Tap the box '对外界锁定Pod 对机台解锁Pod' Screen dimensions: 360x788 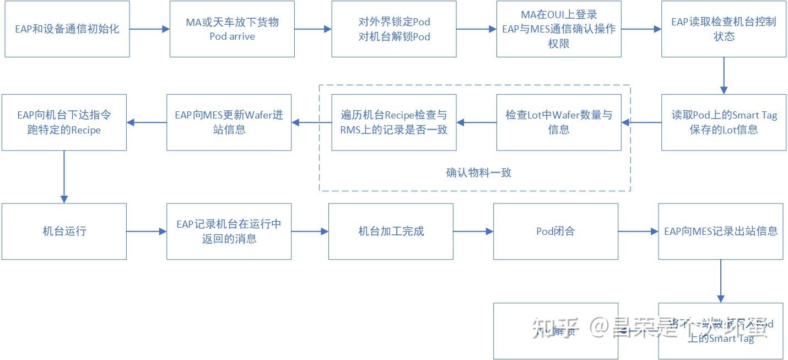point(394,29)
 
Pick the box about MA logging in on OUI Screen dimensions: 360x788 point(559,29)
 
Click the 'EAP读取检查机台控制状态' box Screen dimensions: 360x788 point(724,29)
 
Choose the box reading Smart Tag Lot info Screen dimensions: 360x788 point(724,122)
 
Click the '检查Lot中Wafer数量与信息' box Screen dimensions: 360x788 point(559,122)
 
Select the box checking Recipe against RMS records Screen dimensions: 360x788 point(394,122)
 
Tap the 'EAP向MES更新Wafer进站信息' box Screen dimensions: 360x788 point(229,122)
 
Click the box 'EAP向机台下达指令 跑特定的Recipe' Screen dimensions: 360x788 point(64,122)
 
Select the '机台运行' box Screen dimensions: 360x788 point(64,232)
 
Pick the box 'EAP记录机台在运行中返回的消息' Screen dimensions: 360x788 point(229,232)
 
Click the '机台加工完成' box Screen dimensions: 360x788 point(391,232)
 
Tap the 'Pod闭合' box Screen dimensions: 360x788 point(555,232)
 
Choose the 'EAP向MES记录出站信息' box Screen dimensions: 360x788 point(721,232)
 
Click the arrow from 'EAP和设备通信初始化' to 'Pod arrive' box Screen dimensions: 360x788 point(149,29)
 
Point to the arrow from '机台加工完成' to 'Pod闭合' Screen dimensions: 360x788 point(473,232)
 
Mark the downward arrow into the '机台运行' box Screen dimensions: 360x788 point(64,176)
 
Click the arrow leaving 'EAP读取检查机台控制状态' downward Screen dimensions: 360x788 point(724,76)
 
